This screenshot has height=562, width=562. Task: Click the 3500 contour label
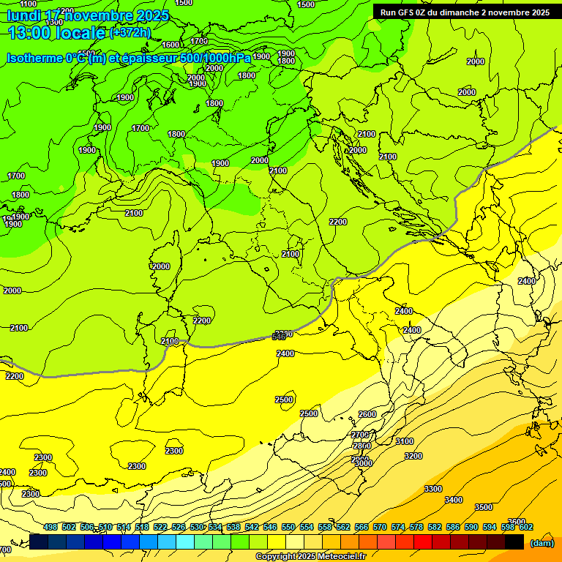click(484, 507)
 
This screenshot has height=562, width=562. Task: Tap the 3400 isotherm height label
click(454, 500)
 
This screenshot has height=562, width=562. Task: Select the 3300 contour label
click(433, 489)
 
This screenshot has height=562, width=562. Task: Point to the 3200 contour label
click(413, 456)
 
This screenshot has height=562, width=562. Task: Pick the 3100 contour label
click(404, 441)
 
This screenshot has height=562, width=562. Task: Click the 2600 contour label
click(367, 414)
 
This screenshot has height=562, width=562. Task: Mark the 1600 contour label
click(170, 45)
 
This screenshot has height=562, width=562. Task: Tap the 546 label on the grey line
click(279, 337)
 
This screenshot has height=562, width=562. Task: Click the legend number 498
click(50, 528)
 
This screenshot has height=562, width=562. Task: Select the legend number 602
click(526, 528)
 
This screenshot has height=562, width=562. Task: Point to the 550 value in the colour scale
click(288, 528)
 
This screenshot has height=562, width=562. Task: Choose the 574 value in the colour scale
click(398, 528)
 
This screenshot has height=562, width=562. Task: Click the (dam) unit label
click(542, 543)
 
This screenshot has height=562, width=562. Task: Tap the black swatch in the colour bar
click(514, 542)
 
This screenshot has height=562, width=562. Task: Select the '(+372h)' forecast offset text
click(130, 33)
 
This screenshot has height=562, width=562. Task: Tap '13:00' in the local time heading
click(29, 33)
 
